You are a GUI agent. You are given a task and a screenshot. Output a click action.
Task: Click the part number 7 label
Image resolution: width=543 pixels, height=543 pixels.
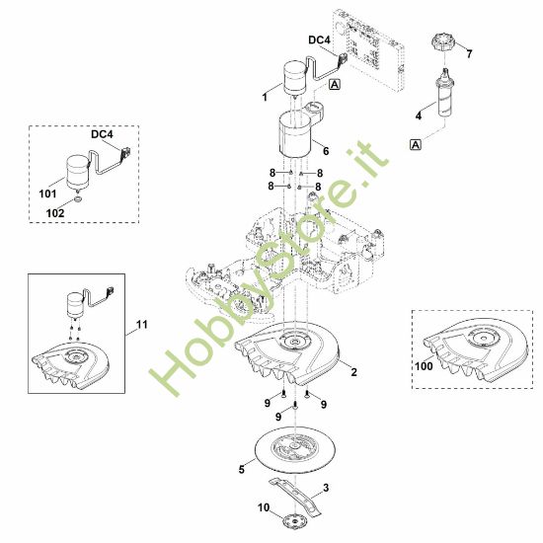click(469, 54)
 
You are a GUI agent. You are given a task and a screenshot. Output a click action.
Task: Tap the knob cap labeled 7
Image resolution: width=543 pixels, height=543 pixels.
click(443, 42)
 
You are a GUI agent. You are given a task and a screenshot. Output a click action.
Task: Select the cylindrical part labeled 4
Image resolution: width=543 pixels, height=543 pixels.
click(443, 93)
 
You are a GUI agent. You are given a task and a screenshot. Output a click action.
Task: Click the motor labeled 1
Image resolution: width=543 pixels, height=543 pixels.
click(295, 78)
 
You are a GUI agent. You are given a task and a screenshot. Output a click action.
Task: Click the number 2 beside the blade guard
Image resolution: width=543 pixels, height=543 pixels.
click(353, 372)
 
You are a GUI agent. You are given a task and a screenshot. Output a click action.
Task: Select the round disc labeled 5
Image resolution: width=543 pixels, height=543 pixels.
click(295, 449)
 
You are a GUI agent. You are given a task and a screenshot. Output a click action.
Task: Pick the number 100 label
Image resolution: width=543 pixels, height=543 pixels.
click(424, 366)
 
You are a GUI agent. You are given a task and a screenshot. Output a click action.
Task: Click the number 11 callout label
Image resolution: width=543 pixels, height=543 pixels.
click(141, 325)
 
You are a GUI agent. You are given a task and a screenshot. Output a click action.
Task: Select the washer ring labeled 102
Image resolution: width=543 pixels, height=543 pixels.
click(78, 199)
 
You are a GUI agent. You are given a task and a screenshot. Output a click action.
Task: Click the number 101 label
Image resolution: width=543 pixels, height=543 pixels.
click(47, 194)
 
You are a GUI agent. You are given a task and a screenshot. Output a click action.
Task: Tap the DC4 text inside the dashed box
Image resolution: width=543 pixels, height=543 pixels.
click(102, 134)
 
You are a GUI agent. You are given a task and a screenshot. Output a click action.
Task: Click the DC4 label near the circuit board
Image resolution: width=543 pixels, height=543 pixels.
click(319, 40)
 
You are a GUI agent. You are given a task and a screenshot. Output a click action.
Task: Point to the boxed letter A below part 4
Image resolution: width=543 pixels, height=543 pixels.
click(416, 144)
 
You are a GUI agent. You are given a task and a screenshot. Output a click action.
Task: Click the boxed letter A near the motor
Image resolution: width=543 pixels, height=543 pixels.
click(335, 84)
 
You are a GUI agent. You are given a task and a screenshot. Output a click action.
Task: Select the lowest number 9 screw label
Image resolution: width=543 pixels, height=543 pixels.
click(278, 417)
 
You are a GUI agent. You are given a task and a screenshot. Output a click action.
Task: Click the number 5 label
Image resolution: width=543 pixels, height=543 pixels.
click(242, 470)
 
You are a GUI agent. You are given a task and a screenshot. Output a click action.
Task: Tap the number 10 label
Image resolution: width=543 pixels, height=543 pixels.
click(264, 507)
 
